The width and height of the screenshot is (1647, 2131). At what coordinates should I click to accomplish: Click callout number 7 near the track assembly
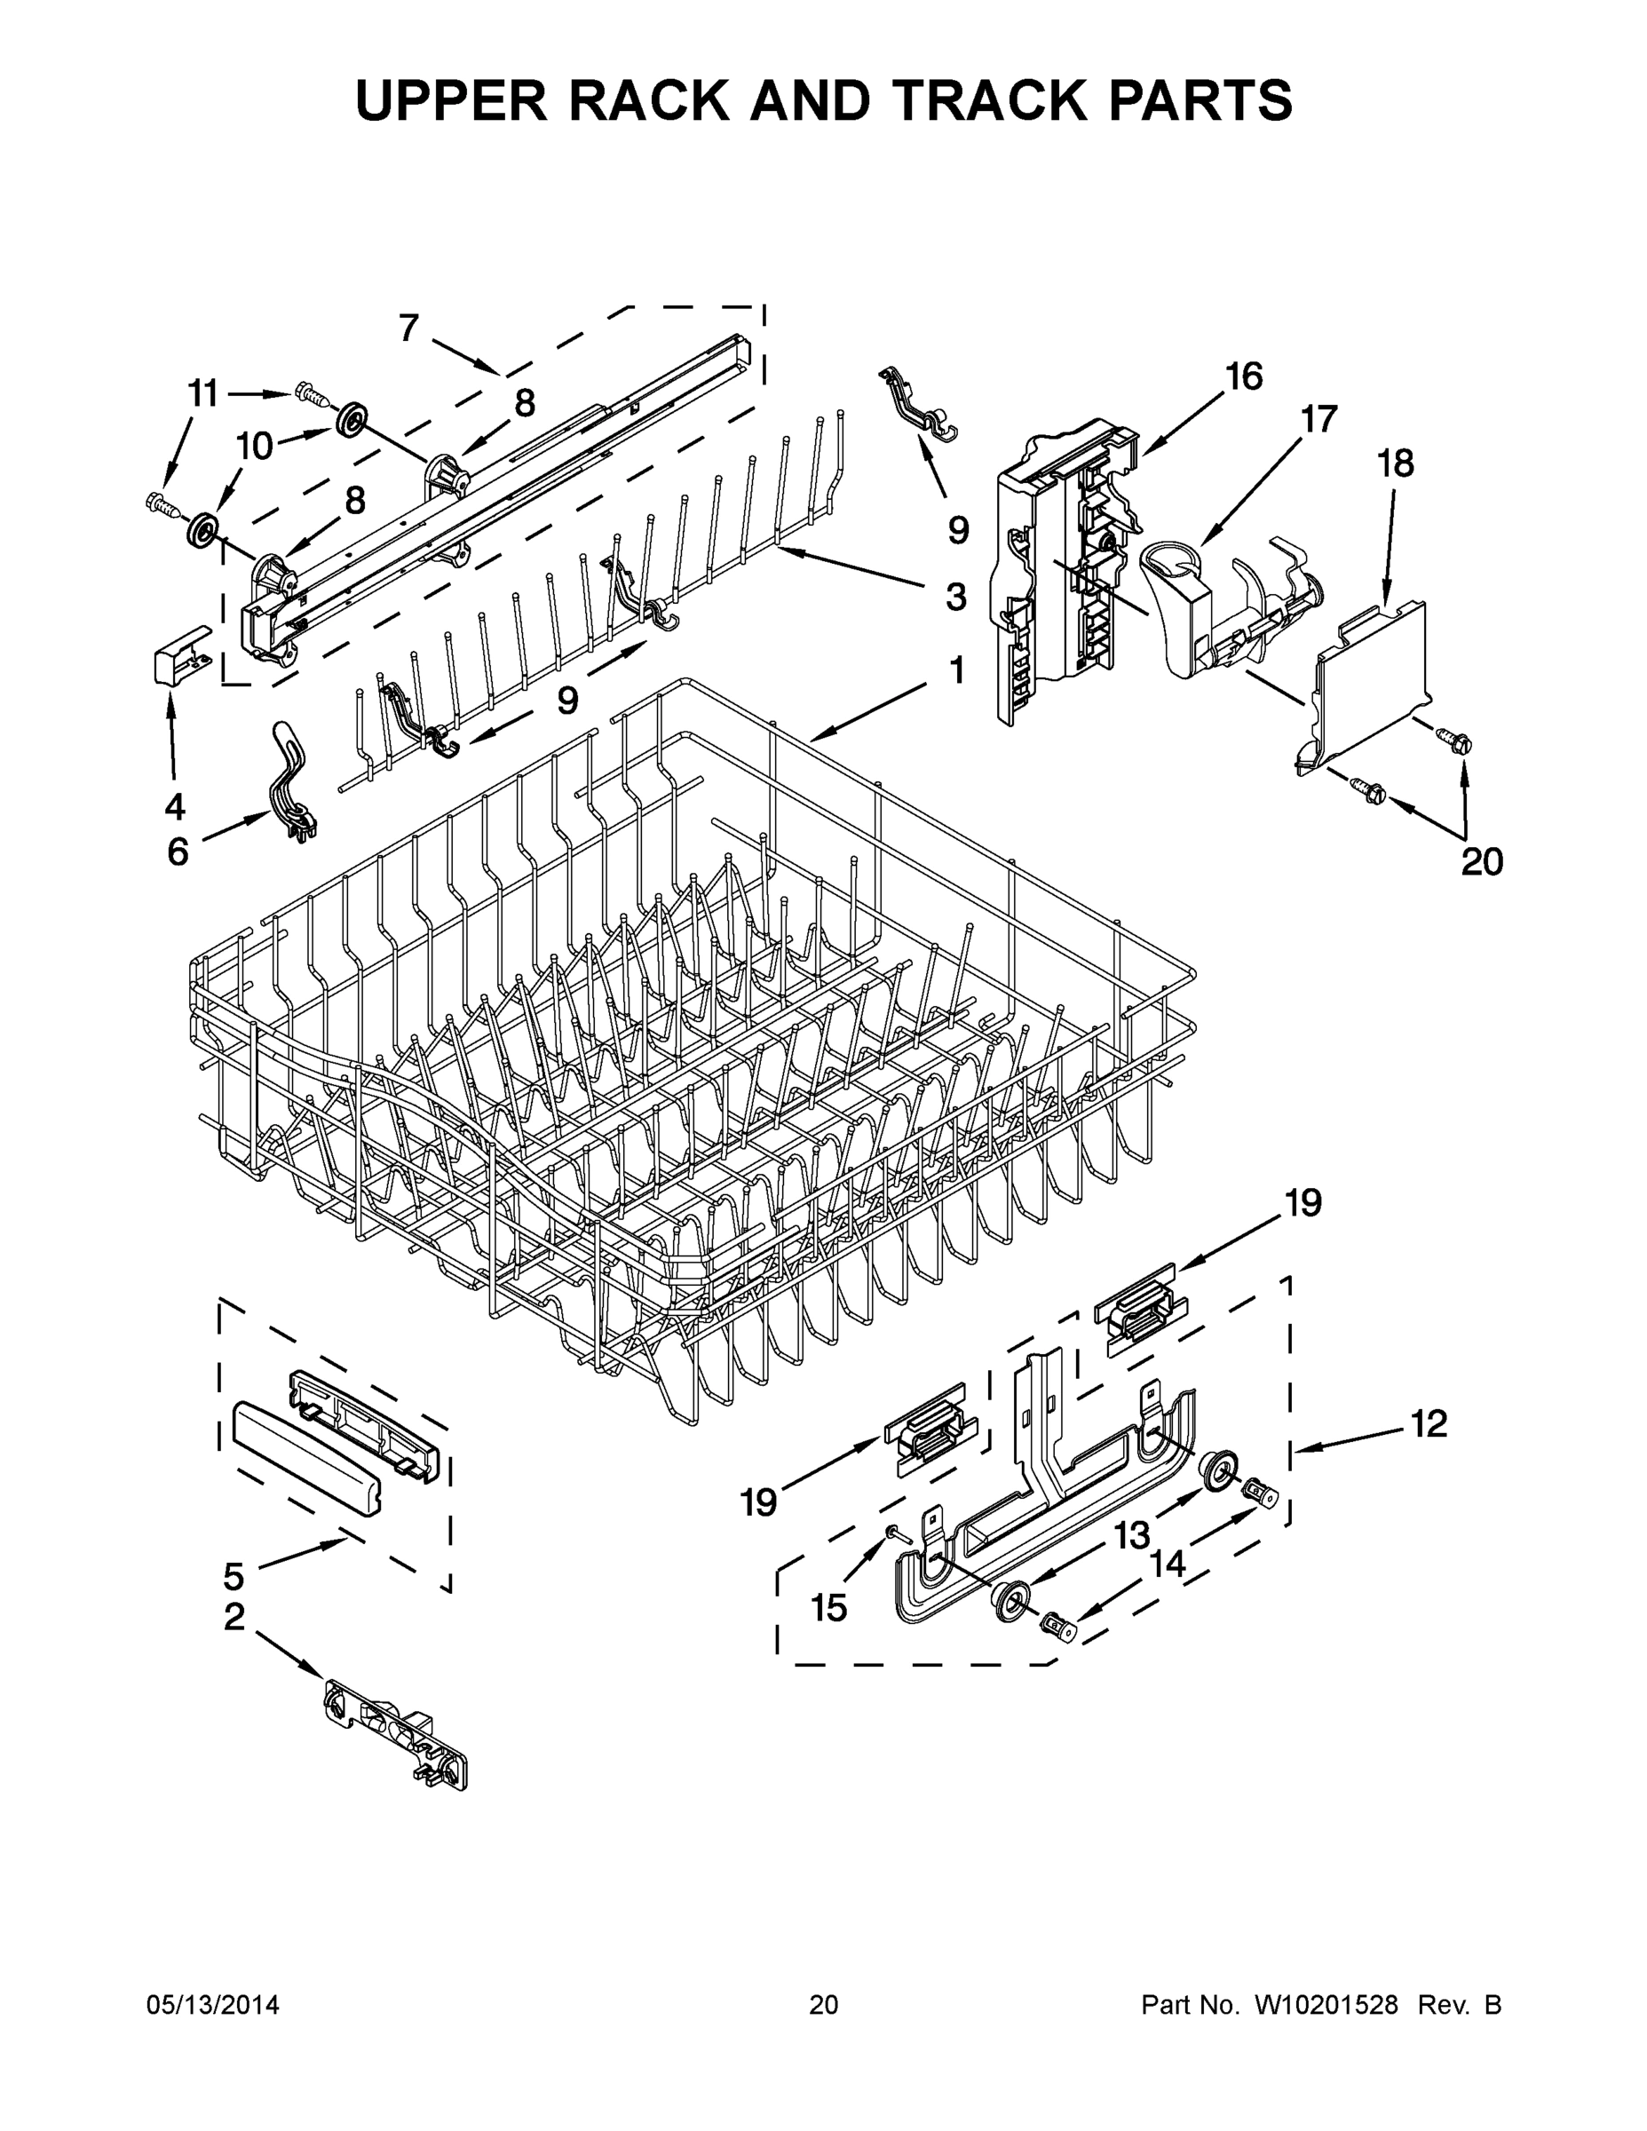coord(408,328)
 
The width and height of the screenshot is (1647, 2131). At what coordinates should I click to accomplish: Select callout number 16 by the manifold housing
coord(1243,376)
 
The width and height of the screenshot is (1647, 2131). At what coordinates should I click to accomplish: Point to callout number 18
coord(1395,463)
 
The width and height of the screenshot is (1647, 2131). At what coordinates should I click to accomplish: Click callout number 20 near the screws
coord(1481,861)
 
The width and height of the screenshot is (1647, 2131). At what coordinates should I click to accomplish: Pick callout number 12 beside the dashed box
coord(1429,1423)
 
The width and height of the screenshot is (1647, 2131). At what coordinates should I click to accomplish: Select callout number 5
coord(234,1575)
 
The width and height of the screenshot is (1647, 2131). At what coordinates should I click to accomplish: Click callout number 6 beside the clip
coord(178,852)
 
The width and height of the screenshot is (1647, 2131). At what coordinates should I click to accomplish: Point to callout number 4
coord(175,806)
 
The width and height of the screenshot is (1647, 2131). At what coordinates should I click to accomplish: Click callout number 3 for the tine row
coord(955,596)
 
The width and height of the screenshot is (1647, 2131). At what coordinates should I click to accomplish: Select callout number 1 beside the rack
coord(956,670)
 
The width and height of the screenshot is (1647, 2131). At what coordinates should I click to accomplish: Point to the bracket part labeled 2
coord(395,1733)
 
